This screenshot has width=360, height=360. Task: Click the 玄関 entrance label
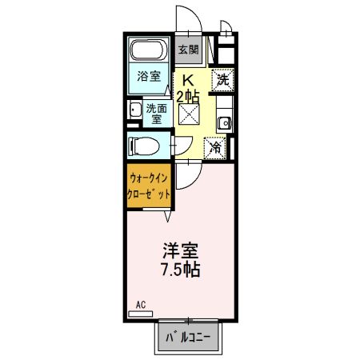tap(188, 50)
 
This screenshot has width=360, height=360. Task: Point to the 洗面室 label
tap(154, 113)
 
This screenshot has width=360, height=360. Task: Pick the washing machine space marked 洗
tap(223, 79)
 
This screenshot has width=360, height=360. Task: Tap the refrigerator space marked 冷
tap(216, 147)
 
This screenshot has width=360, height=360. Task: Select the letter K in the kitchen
tap(189, 80)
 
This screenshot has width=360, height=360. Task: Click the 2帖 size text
tap(189, 96)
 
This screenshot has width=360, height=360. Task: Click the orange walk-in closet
tap(150, 186)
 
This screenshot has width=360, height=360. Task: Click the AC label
tap(140, 305)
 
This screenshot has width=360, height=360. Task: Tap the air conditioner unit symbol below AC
tap(139, 314)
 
